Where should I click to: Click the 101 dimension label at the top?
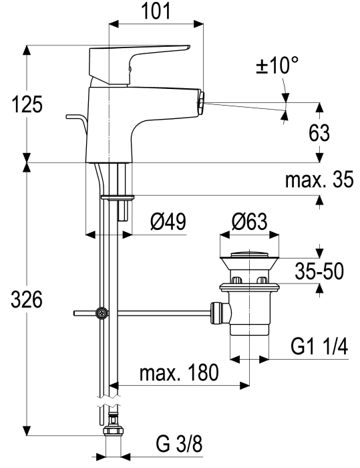[x=156, y=11]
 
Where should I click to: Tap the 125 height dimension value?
[x=27, y=104]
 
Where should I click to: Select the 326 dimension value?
[x=27, y=300]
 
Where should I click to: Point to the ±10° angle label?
[x=277, y=65]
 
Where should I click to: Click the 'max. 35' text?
[x=319, y=179]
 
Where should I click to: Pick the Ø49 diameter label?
[x=168, y=221]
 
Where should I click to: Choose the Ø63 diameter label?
[x=249, y=222]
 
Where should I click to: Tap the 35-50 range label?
[x=319, y=271]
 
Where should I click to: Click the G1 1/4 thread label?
[x=319, y=347]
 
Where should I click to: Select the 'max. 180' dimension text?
[x=179, y=372]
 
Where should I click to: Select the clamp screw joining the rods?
[x=102, y=313]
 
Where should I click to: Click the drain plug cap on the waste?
[x=249, y=255]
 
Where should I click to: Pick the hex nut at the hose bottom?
[x=114, y=431]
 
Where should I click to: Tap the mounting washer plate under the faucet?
[x=118, y=197]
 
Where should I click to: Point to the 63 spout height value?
[x=319, y=133]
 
